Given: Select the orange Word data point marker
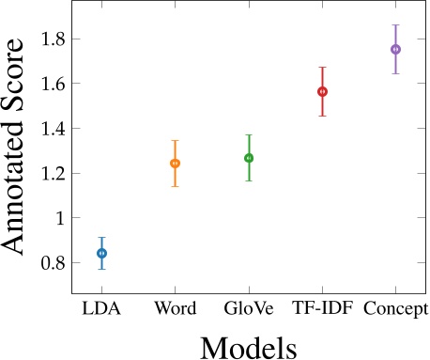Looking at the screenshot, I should pos(175,164).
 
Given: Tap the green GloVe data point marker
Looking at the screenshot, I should pos(249,158).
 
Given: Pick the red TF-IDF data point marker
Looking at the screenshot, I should pos(322,92).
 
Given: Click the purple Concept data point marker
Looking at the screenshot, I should pos(395,49).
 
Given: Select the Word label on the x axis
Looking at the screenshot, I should pos(175,309).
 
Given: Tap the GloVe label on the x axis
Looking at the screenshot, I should pos(249,309).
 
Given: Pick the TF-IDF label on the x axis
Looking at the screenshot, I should pos(322,309).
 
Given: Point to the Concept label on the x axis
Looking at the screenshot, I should pos(395,309).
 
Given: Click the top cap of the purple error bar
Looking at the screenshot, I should pos(395,25).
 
